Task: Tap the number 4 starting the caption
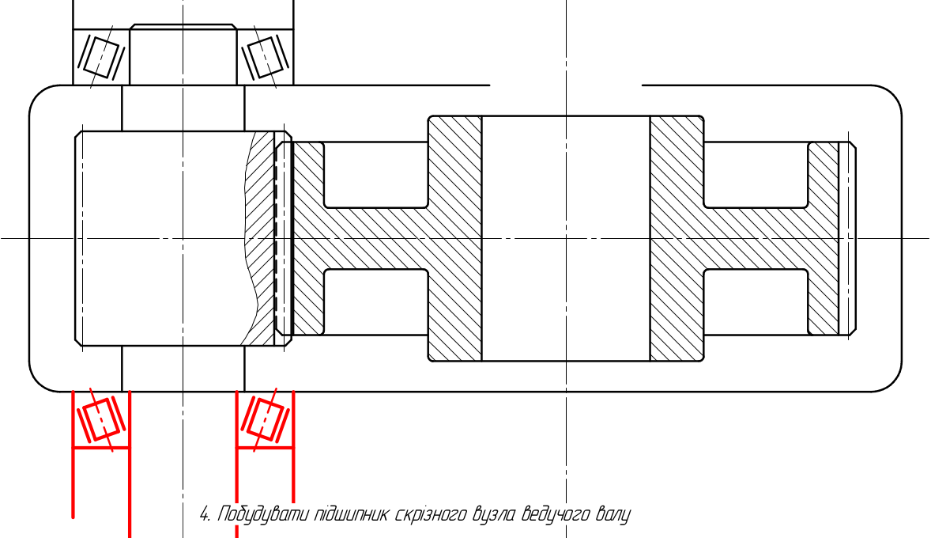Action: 205,513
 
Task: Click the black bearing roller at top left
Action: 101,56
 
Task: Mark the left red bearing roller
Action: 101,419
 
